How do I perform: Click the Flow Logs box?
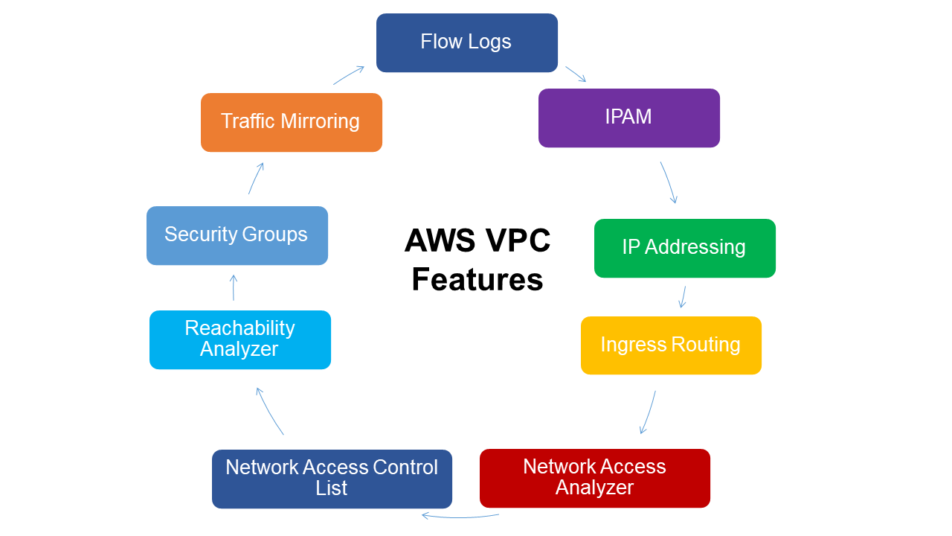466,42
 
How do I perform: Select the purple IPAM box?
628,118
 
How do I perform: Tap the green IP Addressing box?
684,248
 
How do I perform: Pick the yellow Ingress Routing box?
671,345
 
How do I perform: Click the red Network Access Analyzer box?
594,478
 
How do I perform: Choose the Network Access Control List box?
332,479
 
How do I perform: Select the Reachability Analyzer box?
239,339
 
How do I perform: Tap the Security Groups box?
237,235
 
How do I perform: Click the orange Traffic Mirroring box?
291,122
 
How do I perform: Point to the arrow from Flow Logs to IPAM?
576,74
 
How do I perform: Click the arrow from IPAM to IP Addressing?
669,182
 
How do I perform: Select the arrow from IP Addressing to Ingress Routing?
683,297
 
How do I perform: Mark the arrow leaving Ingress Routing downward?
649,412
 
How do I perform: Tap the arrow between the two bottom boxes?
460,516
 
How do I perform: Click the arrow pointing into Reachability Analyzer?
269,411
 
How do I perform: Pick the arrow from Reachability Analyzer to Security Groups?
234,287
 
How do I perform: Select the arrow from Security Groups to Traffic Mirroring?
256,179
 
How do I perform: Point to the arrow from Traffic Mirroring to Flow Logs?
349,75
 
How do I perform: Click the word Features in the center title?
477,281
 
